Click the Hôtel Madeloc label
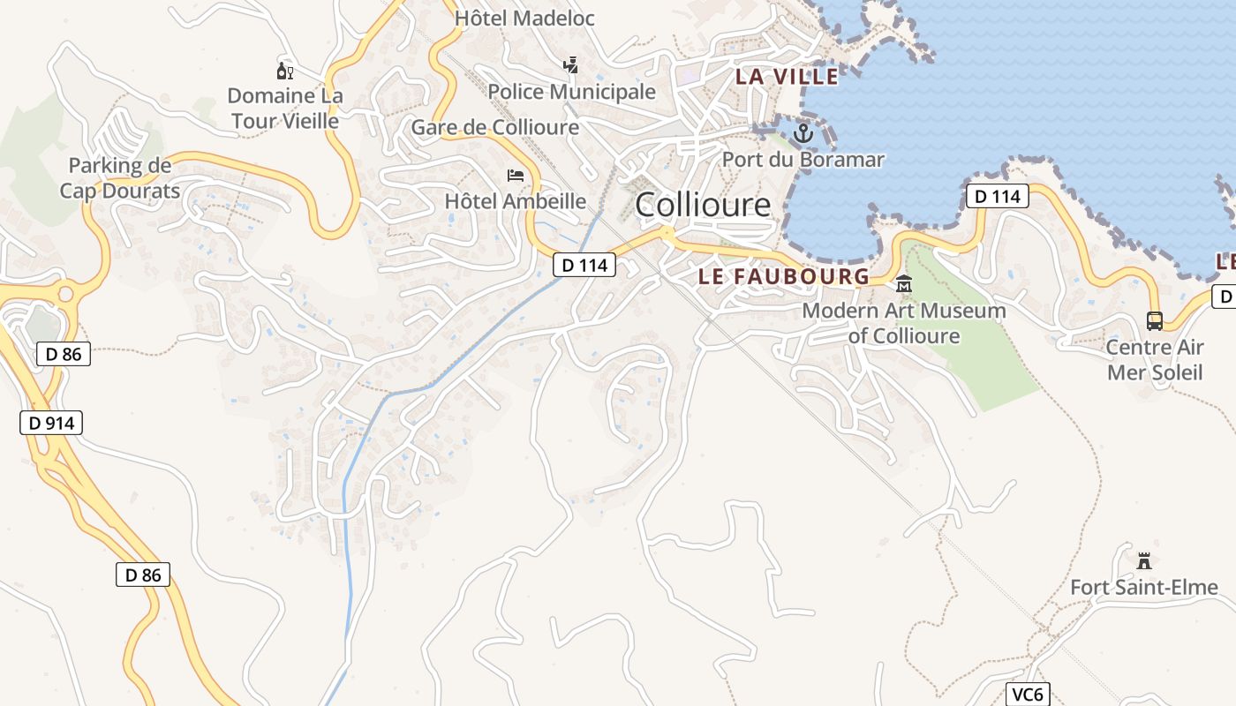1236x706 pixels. click(x=524, y=18)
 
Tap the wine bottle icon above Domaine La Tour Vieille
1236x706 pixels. click(x=284, y=71)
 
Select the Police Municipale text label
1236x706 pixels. click(x=572, y=92)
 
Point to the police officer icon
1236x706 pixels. click(x=571, y=64)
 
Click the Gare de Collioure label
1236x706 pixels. click(x=495, y=127)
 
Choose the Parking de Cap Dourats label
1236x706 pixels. click(x=120, y=177)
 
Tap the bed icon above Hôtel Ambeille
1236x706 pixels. click(x=516, y=176)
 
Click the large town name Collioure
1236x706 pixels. click(x=703, y=205)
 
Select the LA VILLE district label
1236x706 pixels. click(x=788, y=77)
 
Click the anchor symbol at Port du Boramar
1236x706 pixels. click(x=803, y=134)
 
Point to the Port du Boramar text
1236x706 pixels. click(x=803, y=160)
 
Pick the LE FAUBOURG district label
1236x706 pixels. click(x=784, y=276)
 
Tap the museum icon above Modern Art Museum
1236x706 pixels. click(x=904, y=284)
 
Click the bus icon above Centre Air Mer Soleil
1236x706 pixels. click(x=1155, y=321)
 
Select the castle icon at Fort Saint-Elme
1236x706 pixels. click(x=1145, y=560)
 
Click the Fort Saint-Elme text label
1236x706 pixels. click(x=1144, y=587)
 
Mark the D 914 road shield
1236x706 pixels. click(x=51, y=423)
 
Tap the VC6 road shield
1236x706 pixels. click(x=1028, y=695)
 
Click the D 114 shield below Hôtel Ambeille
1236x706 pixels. click(x=584, y=264)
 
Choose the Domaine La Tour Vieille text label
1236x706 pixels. click(x=285, y=108)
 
